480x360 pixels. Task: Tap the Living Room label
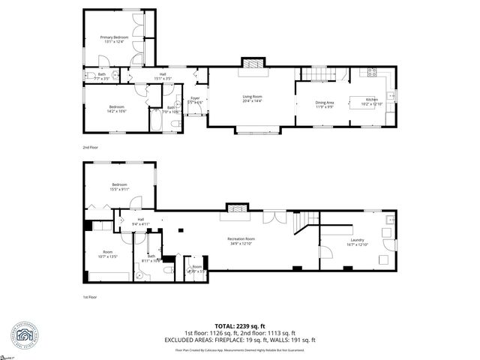pyautogui.click(x=251, y=97)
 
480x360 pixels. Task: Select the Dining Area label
pyautogui.click(x=324, y=102)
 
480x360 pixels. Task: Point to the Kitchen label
pyautogui.click(x=372, y=100)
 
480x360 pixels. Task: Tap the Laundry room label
pyautogui.click(x=356, y=239)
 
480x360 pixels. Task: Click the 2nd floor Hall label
pyautogui.click(x=163, y=74)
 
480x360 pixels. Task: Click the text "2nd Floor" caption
pyautogui.click(x=91, y=148)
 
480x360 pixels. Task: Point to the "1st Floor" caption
pyautogui.click(x=91, y=298)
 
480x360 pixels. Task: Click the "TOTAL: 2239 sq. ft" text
pyautogui.click(x=240, y=325)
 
